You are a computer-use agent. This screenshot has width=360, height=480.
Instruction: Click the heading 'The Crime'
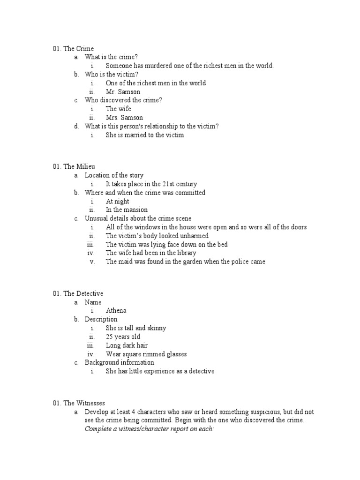78,49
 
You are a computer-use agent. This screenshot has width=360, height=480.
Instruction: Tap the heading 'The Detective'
83,293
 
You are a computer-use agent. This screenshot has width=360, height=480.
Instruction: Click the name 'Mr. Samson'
123,92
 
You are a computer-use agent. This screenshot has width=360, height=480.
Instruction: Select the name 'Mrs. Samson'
124,118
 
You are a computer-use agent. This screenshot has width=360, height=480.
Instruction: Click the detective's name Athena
116,311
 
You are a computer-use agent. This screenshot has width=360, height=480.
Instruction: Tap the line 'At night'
117,201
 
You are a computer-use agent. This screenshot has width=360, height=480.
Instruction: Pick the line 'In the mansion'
127,210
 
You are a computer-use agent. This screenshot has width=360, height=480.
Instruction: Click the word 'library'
186,253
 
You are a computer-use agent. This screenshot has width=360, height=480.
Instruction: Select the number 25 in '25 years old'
110,337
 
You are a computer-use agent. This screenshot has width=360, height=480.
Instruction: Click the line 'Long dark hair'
127,345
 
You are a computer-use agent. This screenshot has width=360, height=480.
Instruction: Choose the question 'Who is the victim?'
112,75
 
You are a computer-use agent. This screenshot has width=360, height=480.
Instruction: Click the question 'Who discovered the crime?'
123,100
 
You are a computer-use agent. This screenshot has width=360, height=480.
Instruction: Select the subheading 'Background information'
119,362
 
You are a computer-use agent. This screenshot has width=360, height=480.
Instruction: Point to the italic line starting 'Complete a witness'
149,429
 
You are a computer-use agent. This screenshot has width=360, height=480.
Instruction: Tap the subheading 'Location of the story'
114,175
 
